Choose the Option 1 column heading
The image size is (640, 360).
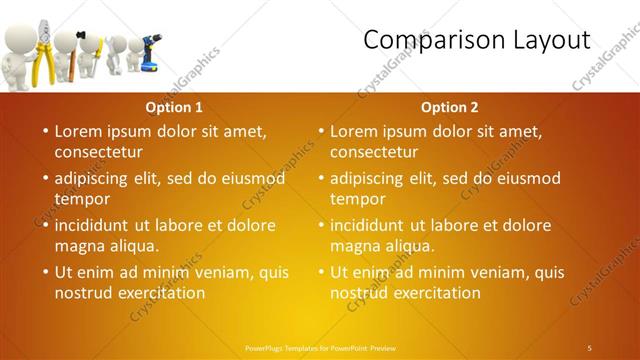click(174, 107)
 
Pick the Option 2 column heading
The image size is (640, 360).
click(449, 107)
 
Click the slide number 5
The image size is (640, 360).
click(590, 347)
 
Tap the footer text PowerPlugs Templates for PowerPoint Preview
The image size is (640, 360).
click(320, 347)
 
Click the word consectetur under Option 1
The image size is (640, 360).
click(98, 152)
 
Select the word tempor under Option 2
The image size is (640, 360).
click(353, 199)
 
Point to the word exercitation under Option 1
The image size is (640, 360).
click(157, 293)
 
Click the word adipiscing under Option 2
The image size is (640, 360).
click(372, 179)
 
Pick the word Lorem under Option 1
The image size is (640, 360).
click(77, 131)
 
